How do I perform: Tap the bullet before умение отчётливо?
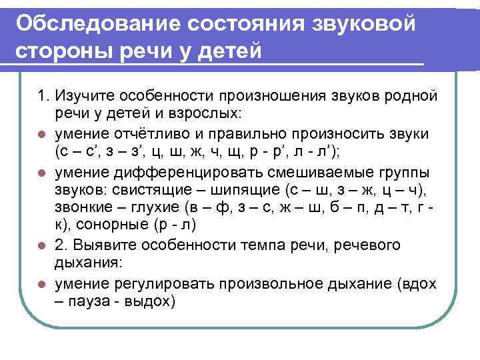tap(41, 133)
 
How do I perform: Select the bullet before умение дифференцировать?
tap(41, 171)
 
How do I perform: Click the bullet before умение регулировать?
tap(41, 284)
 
